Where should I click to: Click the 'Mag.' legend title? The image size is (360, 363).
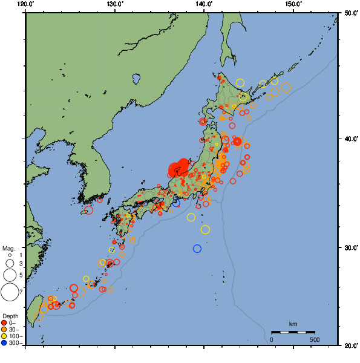(8, 249)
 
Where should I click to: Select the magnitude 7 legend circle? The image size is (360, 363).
(10, 292)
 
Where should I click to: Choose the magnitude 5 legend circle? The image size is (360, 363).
(10, 275)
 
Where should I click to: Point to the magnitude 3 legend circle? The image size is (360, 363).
(10, 264)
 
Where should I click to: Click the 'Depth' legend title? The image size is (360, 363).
(10, 316)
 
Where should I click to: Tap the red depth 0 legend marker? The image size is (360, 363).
(5, 323)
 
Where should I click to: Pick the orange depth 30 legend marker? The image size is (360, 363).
(5, 330)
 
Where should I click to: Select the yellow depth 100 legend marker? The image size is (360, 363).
(5, 336)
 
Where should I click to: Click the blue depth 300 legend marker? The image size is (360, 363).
(5, 343)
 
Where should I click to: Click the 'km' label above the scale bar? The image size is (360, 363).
(293, 325)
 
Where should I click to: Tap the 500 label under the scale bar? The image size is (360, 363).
(315, 339)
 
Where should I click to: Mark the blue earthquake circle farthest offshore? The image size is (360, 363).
(197, 249)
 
